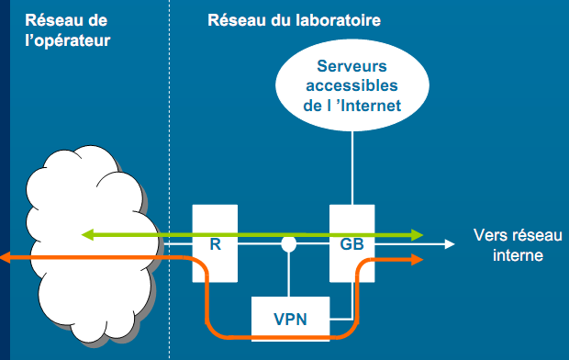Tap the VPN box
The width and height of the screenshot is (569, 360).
(x=290, y=320)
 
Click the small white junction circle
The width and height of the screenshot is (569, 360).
(x=289, y=245)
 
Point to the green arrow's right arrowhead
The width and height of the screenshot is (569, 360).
(x=418, y=235)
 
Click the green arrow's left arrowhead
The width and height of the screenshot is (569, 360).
(x=87, y=235)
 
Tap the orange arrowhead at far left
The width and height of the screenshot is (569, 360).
(x=6, y=259)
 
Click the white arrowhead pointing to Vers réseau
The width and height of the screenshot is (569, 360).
(x=450, y=245)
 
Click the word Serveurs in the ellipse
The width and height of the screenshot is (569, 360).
(x=352, y=66)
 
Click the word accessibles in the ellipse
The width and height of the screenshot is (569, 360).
(x=352, y=86)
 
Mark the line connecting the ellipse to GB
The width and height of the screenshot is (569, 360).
(x=352, y=165)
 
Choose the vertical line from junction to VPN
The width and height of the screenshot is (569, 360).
(x=290, y=276)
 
